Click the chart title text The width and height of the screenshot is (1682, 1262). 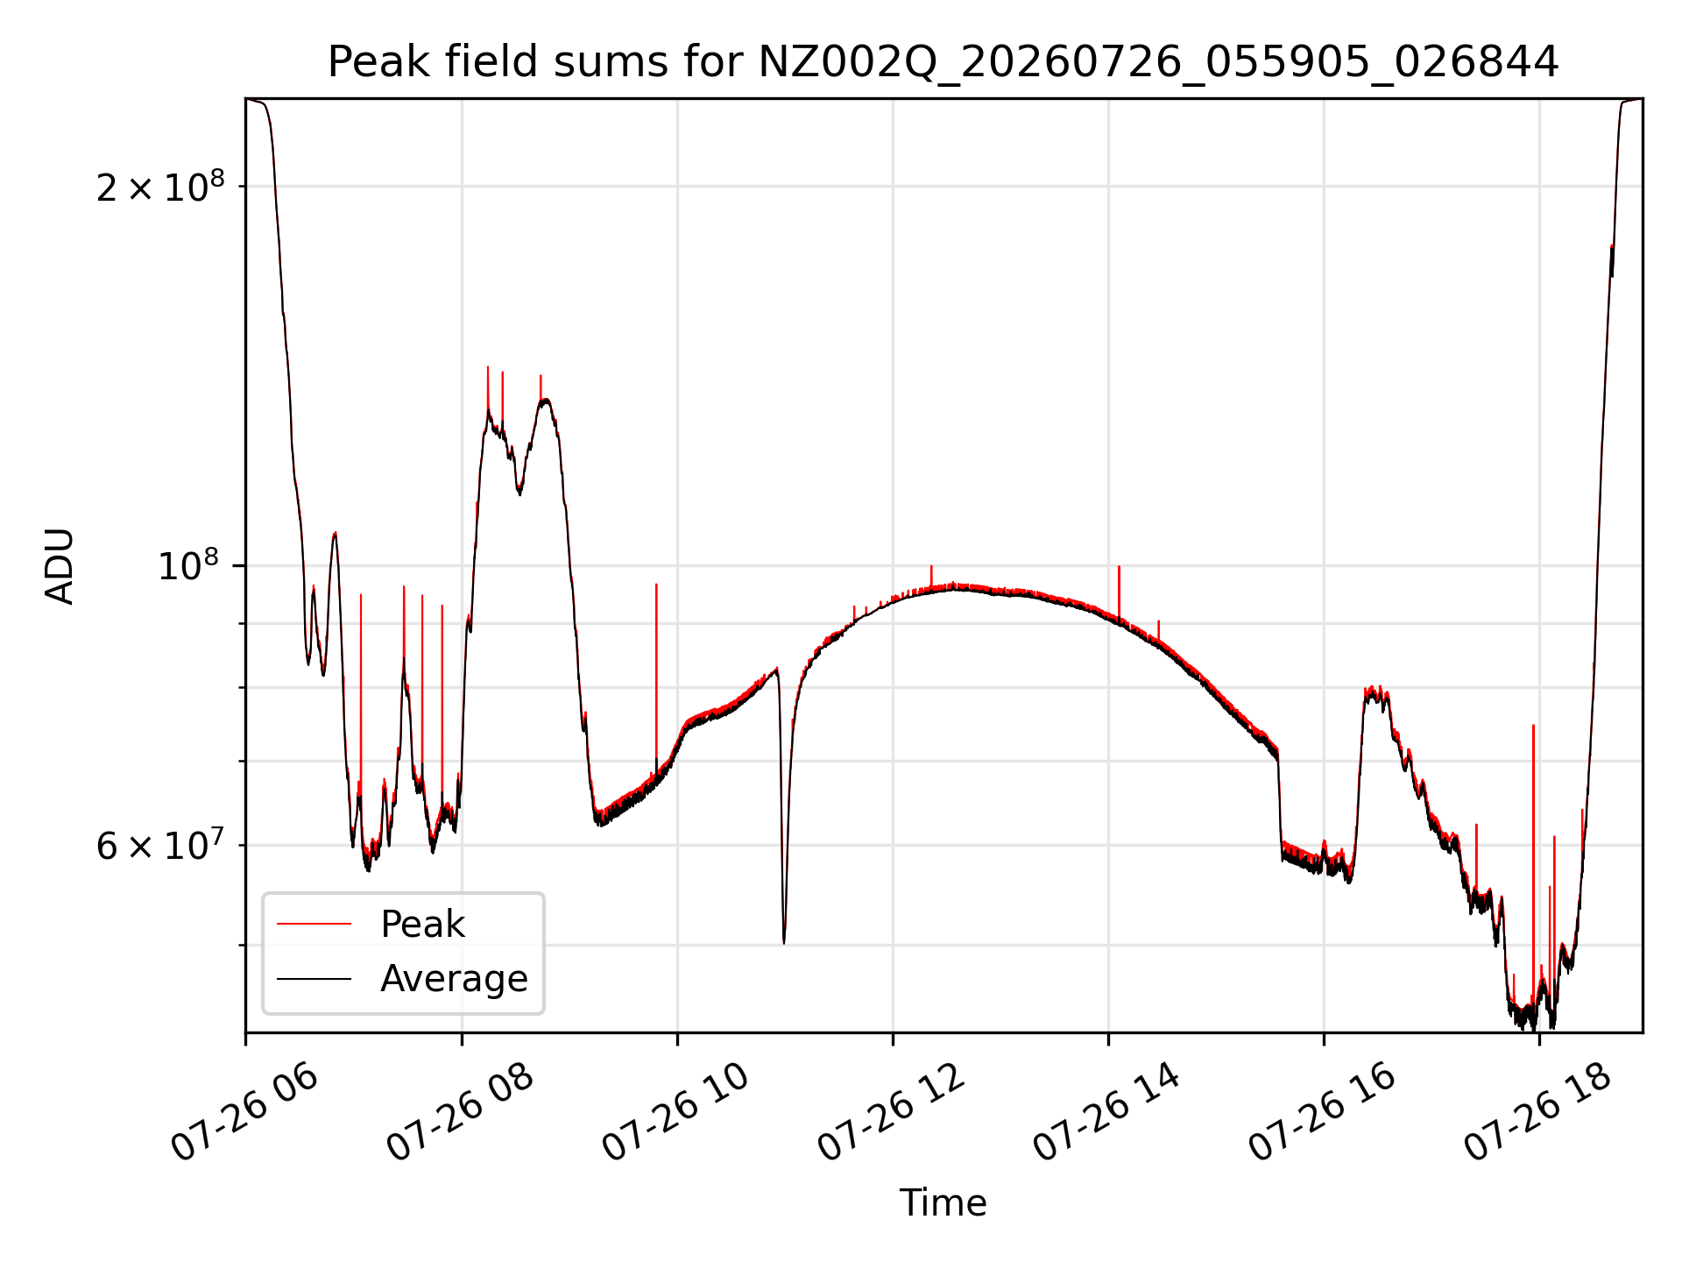point(943,62)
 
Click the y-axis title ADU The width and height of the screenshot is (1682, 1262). point(60,566)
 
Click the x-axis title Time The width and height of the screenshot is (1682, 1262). point(943,1202)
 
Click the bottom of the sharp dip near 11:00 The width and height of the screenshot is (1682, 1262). point(784,943)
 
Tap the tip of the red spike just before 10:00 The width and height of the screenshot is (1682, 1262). point(656,584)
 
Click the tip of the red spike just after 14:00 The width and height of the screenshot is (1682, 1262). point(1119,566)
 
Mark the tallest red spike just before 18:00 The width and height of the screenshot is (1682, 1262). point(1533,725)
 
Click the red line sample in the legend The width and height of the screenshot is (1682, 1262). point(314,924)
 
